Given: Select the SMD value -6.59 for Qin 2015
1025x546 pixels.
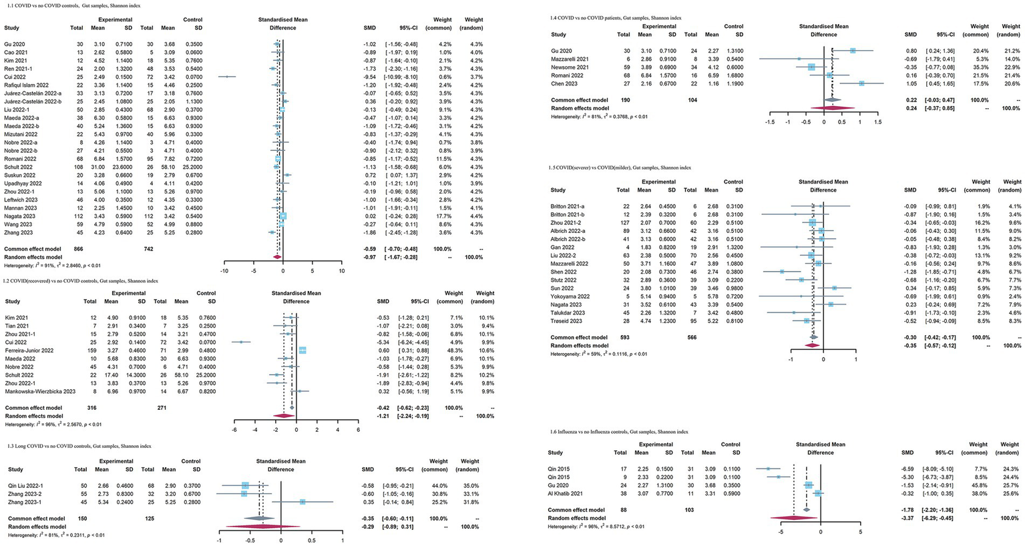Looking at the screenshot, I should [910, 469].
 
